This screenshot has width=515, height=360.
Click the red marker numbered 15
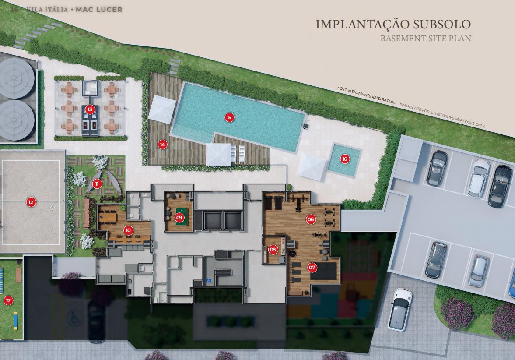coord(229,117)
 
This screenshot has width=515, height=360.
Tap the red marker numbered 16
coord(344,159)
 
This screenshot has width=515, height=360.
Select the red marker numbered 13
coord(90,109)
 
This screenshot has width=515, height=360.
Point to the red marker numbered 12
coord(31,202)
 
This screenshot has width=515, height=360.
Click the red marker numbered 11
coord(97,184)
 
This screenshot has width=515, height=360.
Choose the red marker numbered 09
coord(179,217)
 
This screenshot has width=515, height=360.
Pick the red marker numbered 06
coord(311,219)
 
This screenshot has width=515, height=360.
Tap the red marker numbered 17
coord(8,300)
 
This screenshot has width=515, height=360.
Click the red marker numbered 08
coord(273,250)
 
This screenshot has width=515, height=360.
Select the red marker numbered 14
coord(162,145)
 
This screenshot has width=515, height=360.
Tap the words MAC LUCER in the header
coord(99,10)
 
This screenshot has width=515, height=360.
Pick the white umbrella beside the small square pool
coord(311,167)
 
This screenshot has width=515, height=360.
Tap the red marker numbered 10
coord(128,230)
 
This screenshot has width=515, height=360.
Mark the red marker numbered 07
coord(312,268)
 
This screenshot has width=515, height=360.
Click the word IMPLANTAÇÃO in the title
coord(363,25)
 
